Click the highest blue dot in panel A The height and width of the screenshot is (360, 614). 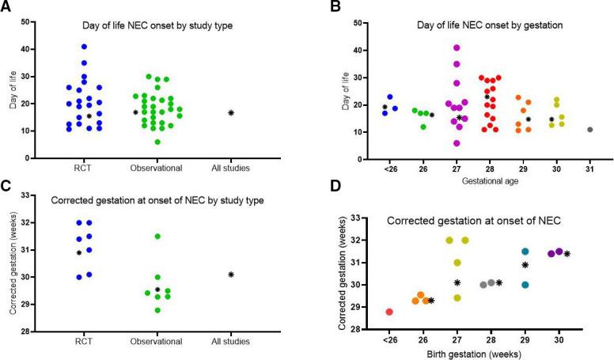pos(84,47)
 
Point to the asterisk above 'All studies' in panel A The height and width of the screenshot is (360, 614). pos(231,112)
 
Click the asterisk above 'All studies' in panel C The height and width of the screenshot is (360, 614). pos(231,275)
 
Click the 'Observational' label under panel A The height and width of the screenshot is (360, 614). pos(158,169)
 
